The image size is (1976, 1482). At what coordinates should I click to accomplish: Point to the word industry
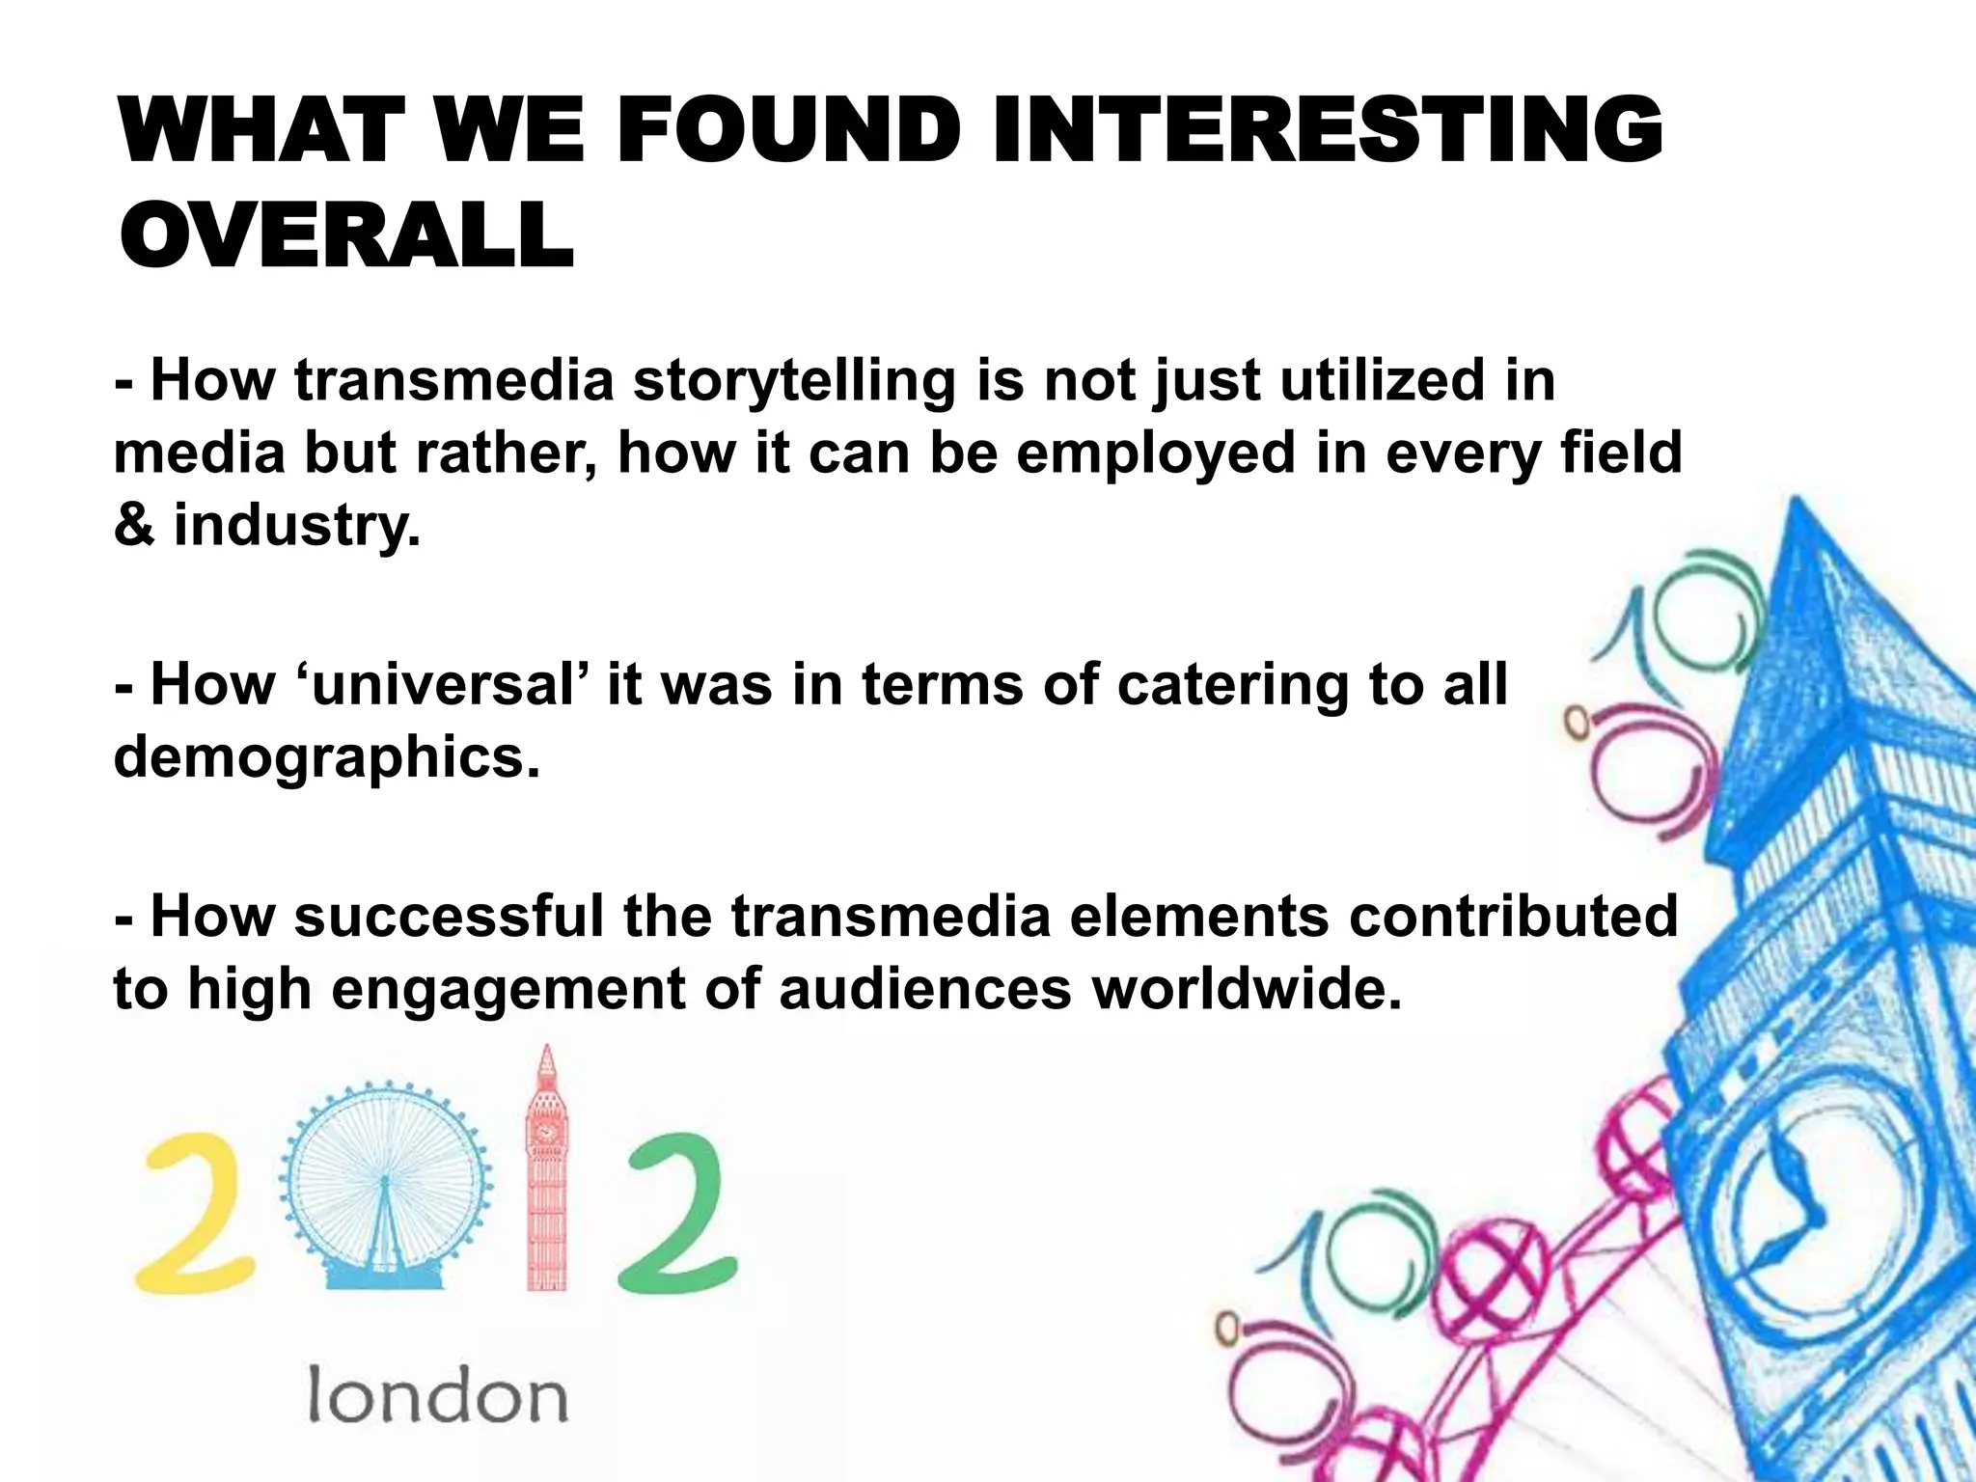point(296,527)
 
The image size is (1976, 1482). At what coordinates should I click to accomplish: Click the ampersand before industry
point(134,527)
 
